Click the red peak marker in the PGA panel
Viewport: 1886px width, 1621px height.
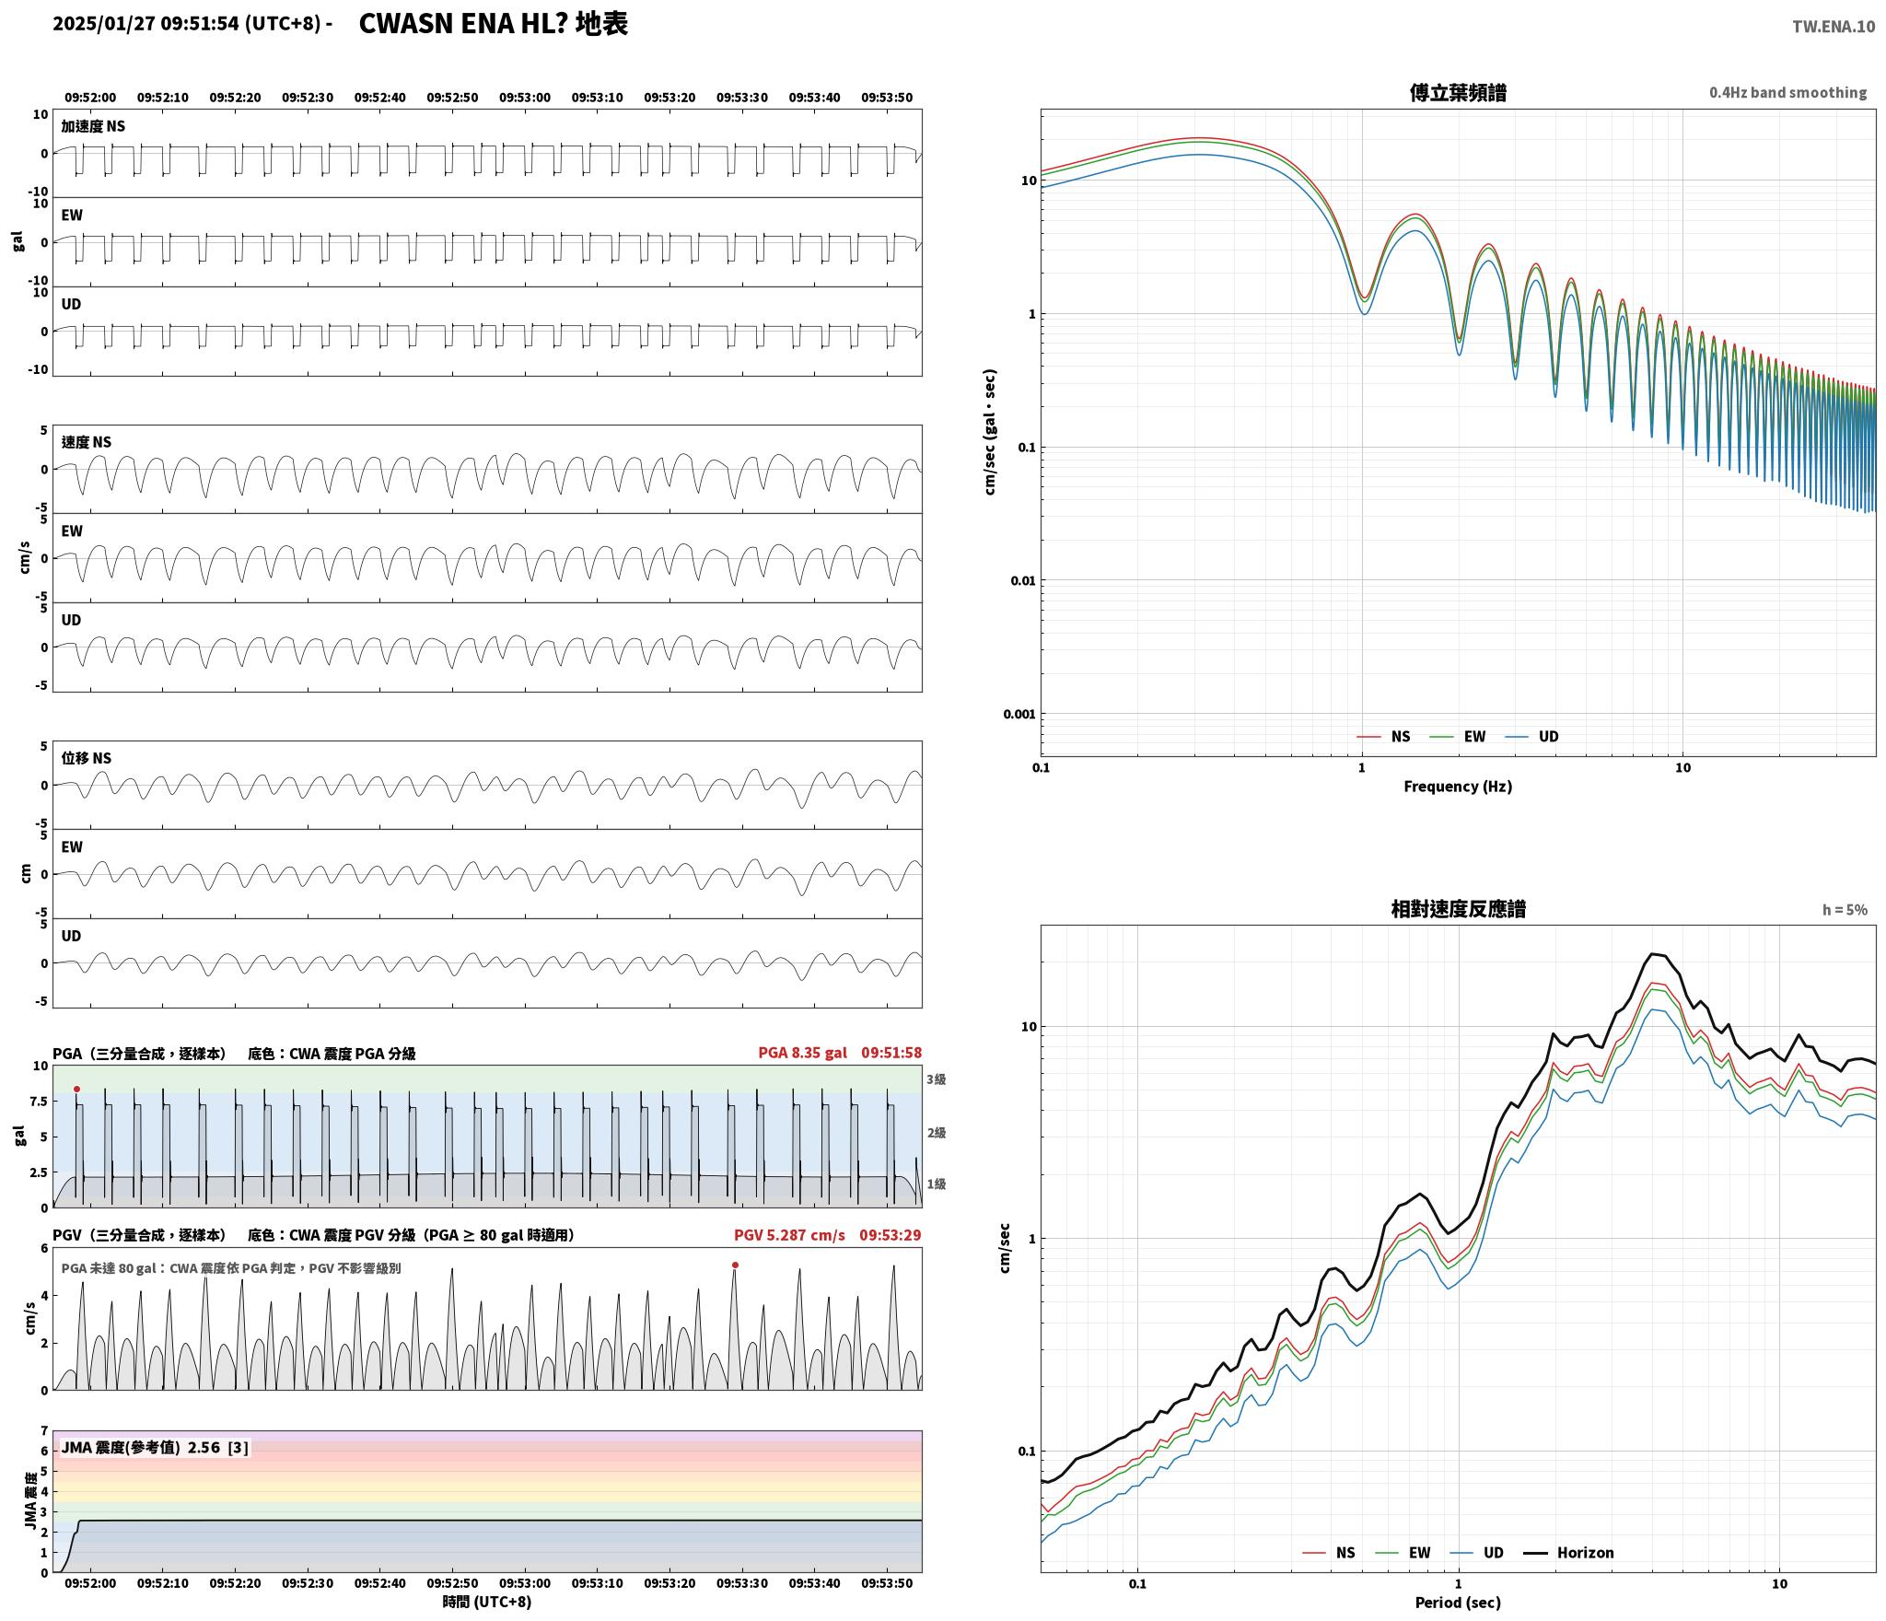76,1089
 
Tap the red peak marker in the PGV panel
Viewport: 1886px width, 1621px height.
735,1265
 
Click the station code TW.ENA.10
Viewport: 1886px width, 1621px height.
1833,27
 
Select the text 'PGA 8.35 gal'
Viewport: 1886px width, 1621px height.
802,1053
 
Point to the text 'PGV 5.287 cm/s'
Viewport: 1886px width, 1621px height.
789,1235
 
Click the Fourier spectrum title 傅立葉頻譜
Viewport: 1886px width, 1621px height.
1458,93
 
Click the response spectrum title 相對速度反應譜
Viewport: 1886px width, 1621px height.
1458,909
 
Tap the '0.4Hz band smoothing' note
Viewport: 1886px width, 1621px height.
1787,93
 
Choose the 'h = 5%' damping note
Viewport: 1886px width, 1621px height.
1845,910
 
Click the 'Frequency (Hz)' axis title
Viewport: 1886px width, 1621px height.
1458,787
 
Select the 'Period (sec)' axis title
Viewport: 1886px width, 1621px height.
1458,1603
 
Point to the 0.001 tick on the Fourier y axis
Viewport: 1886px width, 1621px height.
1019,714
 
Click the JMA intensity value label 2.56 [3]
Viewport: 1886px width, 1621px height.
217,1448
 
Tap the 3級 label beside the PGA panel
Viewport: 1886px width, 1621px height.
937,1079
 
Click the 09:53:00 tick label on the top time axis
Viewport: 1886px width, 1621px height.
525,98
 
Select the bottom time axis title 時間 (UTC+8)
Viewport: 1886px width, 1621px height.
487,1602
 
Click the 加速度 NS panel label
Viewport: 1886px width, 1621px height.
93,126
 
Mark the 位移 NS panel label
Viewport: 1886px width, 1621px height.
87,758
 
